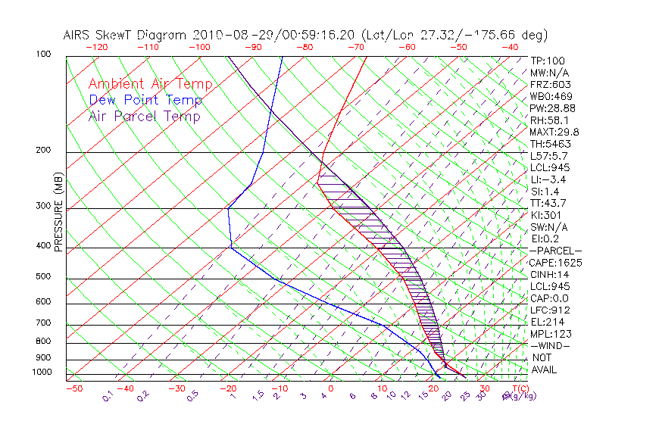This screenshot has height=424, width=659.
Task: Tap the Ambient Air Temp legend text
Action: tap(150, 84)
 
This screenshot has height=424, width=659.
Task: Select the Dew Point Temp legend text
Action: tap(145, 100)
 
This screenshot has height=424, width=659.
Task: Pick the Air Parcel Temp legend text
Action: tap(144, 116)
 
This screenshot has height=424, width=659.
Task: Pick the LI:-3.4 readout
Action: tap(548, 179)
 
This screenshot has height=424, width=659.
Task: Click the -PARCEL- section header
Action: tap(555, 251)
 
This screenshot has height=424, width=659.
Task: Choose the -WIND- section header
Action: tap(551, 345)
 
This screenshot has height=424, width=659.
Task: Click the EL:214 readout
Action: tap(545, 322)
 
